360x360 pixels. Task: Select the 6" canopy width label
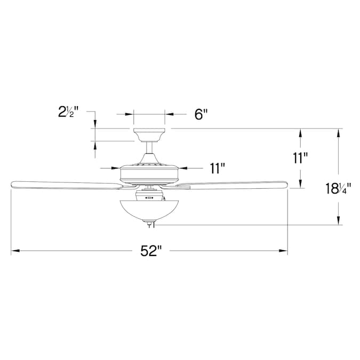[200, 115]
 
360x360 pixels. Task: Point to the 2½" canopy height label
[68, 112]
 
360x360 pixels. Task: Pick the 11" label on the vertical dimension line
[300, 158]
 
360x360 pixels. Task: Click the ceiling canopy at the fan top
[149, 133]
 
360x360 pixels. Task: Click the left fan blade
[64, 185]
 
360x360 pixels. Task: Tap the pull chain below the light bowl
[149, 226]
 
